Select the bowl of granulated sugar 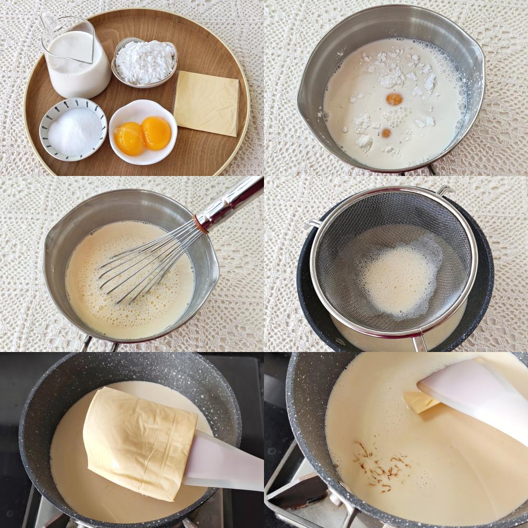pyautogui.click(x=73, y=129)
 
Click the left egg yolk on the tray pyautogui.click(x=129, y=138)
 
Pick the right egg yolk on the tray pyautogui.click(x=156, y=133)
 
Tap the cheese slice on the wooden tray pyautogui.click(x=206, y=103)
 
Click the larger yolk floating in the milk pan pyautogui.click(x=394, y=98)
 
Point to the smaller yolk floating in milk pyautogui.click(x=386, y=133)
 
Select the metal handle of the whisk pyautogui.click(x=236, y=199)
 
